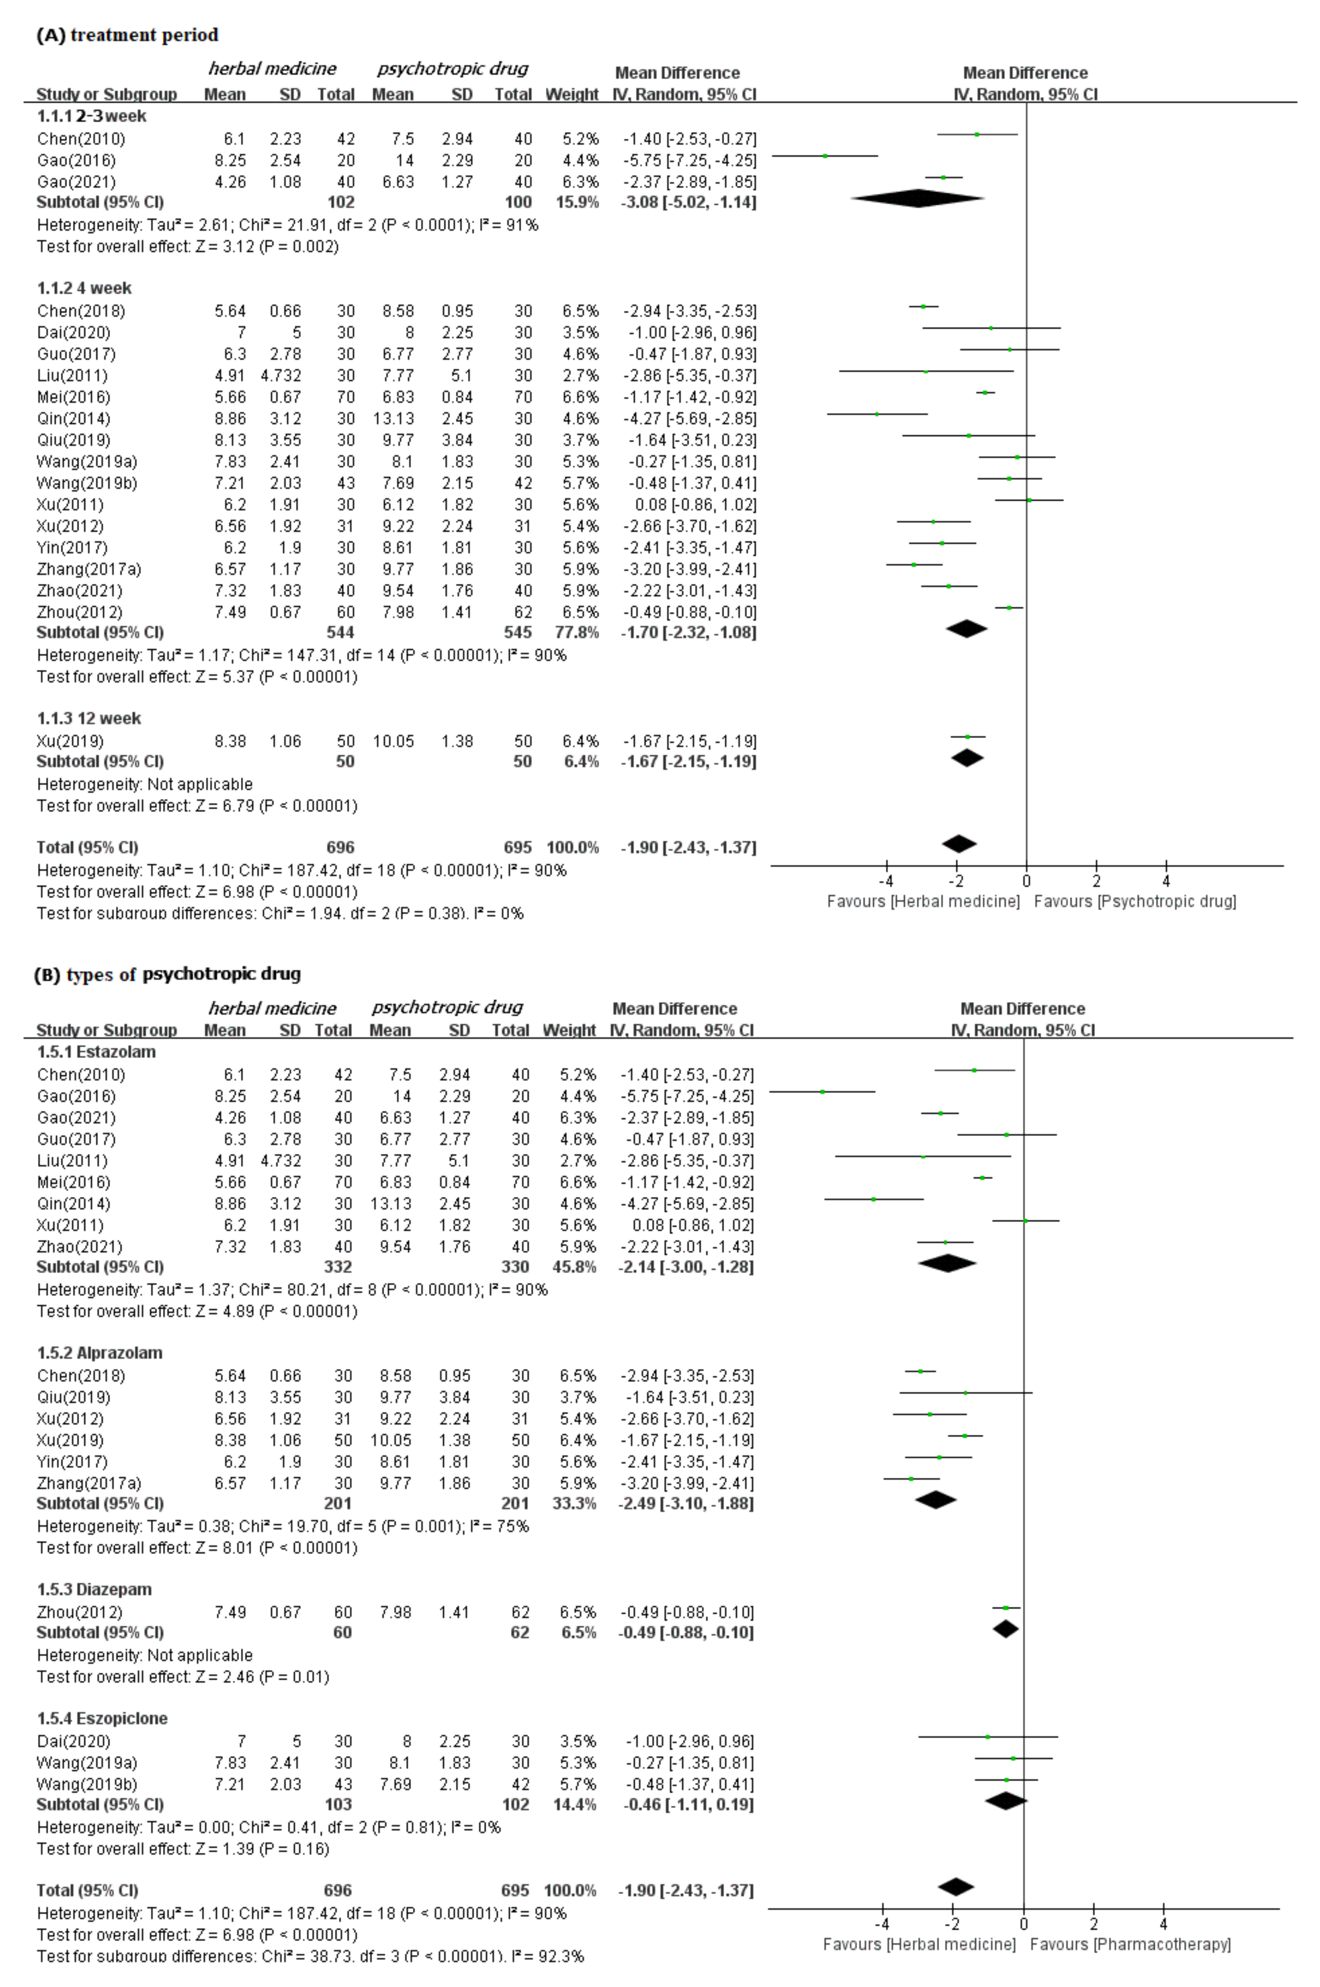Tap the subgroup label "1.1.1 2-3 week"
click(x=91, y=116)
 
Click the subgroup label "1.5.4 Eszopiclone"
click(x=102, y=1717)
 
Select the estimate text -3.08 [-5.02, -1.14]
click(x=689, y=202)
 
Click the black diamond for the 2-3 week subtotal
click(x=917, y=199)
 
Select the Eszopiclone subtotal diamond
click(x=1006, y=1801)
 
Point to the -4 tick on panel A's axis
click(x=886, y=881)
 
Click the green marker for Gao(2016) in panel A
click(x=825, y=156)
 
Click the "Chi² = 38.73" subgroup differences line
click(x=310, y=1955)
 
